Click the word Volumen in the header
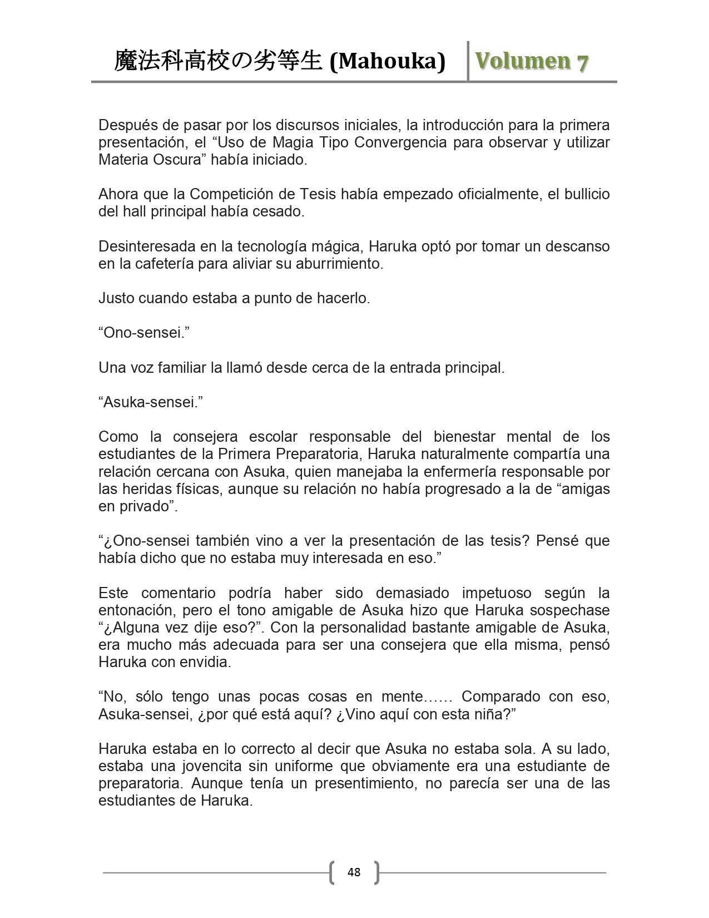516,61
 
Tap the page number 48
354,872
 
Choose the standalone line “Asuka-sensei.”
150,402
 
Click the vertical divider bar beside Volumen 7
468,61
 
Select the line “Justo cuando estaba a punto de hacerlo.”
234,298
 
